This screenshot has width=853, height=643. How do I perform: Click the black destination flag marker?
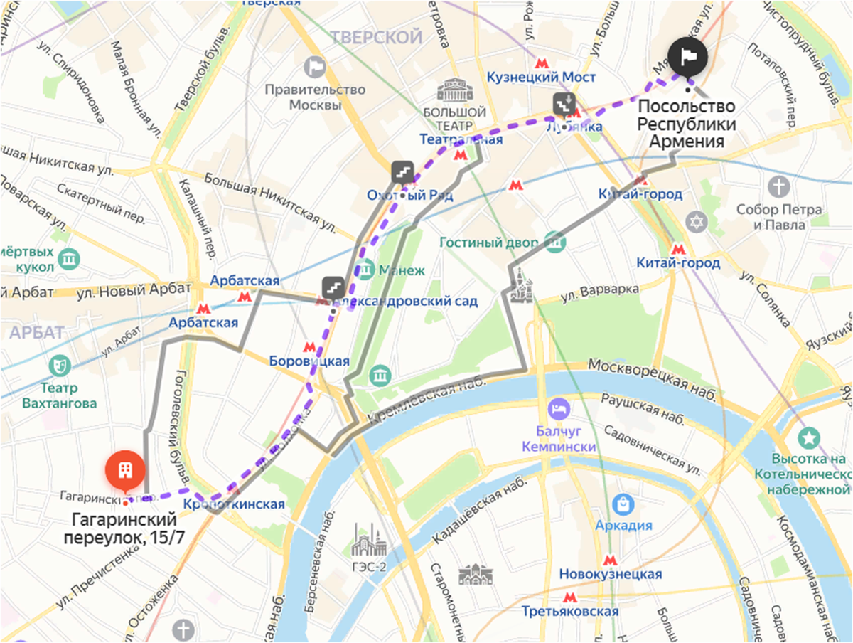pos(687,55)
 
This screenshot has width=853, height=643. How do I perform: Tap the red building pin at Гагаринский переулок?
pos(125,470)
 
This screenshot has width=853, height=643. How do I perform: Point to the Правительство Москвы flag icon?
pos(313,68)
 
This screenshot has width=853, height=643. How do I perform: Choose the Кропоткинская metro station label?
pos(234,504)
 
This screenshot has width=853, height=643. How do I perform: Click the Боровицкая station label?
pos(309,361)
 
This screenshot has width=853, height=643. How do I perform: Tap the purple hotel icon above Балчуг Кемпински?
pos(558,408)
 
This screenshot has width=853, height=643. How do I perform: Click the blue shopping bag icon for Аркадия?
pos(623,504)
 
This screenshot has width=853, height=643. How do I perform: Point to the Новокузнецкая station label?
pos(610,574)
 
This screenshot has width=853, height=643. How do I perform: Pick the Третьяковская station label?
pos(569,611)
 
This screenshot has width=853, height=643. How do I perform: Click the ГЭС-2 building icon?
pos(370,543)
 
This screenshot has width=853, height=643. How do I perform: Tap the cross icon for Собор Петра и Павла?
pos(780,187)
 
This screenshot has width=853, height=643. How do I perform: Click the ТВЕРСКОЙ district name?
pos(376,37)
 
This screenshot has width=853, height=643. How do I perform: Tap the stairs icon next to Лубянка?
pos(564,104)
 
